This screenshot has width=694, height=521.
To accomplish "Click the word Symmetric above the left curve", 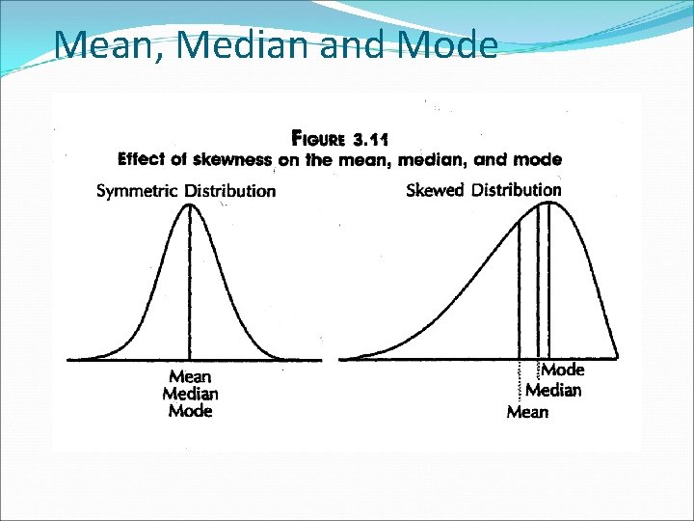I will tap(137, 190).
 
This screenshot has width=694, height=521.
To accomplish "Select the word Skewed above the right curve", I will tap(436, 190).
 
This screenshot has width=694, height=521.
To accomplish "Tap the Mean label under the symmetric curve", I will tap(190, 377).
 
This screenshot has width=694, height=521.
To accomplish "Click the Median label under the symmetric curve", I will tap(190, 394).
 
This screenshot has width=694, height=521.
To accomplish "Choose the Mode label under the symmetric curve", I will tap(190, 411).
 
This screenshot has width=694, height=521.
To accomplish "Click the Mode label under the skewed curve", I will tap(563, 370).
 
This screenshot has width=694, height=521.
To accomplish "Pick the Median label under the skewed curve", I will tap(553, 391).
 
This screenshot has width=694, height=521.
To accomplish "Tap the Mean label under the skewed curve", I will tap(527, 413).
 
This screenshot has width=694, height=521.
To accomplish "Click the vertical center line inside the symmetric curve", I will tap(190, 289).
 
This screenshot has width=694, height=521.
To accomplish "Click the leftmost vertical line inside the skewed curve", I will tap(520, 289).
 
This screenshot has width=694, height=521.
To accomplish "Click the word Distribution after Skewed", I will tap(516, 190).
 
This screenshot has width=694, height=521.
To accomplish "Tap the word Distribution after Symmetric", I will tap(229, 190).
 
